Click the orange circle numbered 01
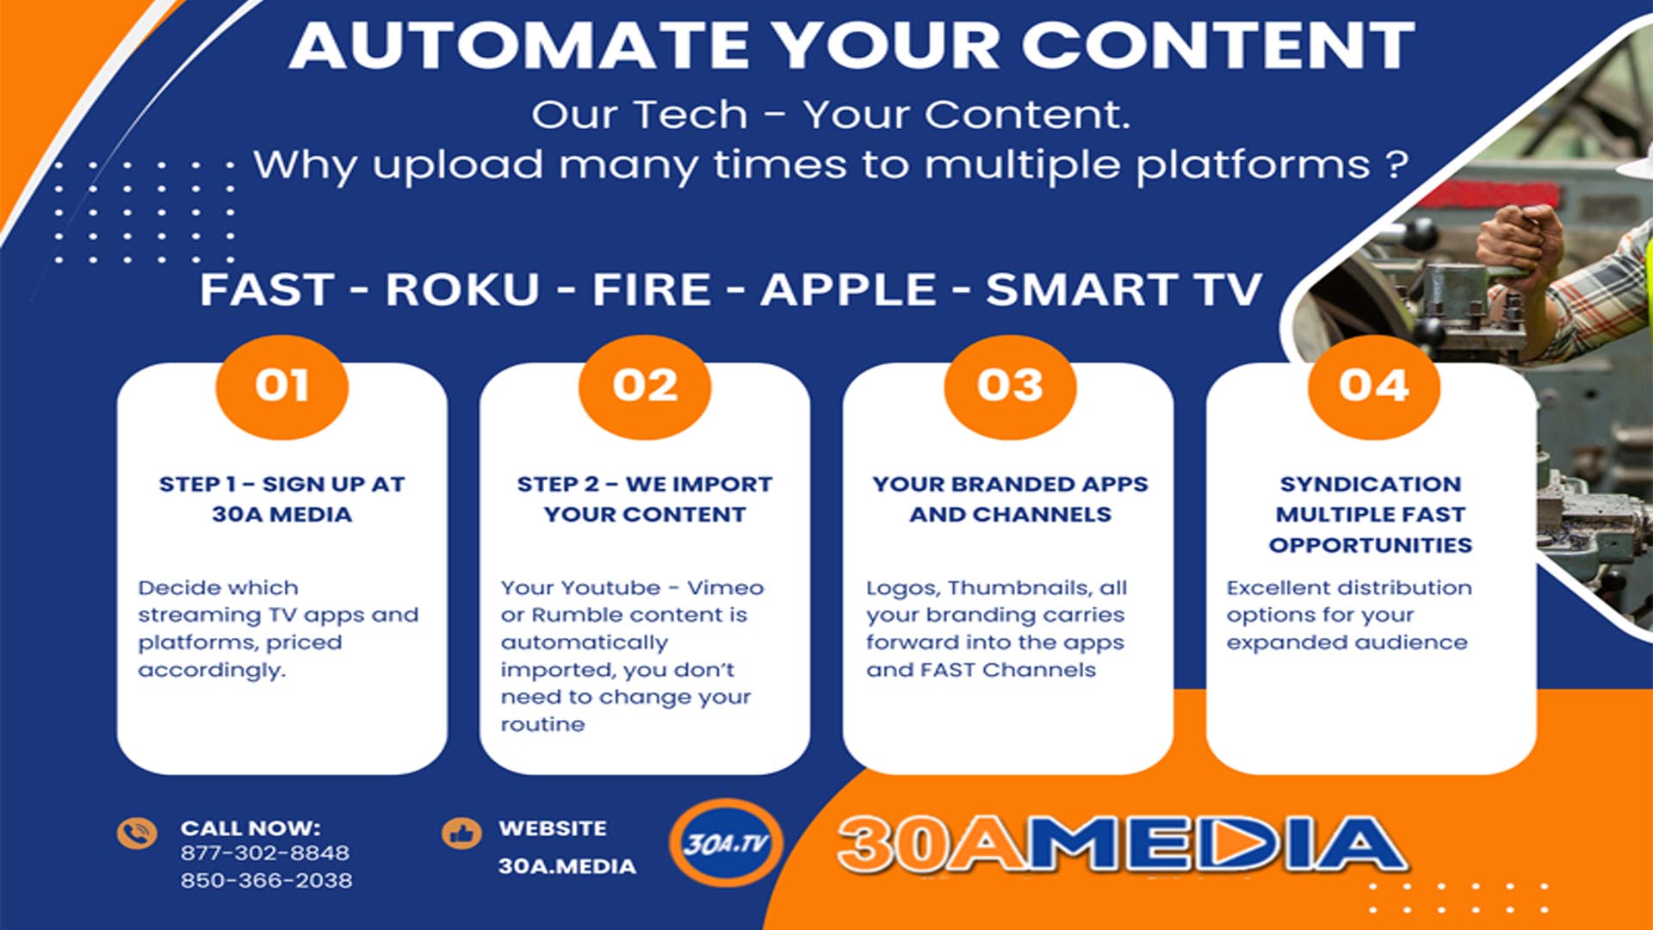point(282,387)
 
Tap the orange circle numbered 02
point(645,387)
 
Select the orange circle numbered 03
point(1010,387)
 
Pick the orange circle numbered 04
point(1373,387)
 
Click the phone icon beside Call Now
point(137,833)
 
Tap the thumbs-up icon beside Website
point(461,833)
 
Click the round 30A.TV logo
point(726,843)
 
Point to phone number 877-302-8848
point(265,852)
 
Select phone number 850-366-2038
point(266,880)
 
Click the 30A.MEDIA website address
point(566,866)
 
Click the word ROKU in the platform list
point(462,289)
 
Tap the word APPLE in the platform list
point(848,289)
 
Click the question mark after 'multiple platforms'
point(1397,164)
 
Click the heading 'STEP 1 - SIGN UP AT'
point(282,484)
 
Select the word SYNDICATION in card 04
point(1370,484)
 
